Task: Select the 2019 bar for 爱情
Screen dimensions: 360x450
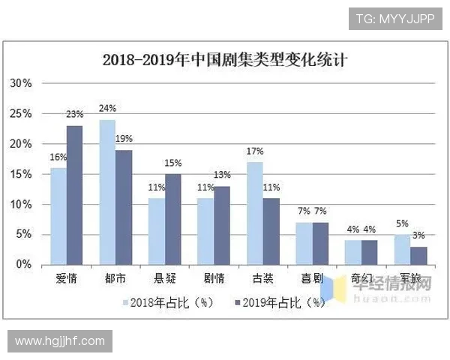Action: click(74, 195)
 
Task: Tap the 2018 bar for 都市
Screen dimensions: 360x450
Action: click(107, 192)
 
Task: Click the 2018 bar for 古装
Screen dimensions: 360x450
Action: click(254, 213)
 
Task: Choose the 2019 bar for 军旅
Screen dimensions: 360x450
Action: click(419, 256)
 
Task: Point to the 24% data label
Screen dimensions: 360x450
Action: click(108, 109)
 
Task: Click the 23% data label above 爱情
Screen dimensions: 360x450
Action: click(74, 115)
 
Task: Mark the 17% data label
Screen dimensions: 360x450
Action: click(254, 151)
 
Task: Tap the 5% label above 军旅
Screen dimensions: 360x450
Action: click(402, 223)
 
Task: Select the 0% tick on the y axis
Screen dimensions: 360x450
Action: click(24, 265)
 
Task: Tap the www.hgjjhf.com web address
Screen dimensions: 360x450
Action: click(60, 341)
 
